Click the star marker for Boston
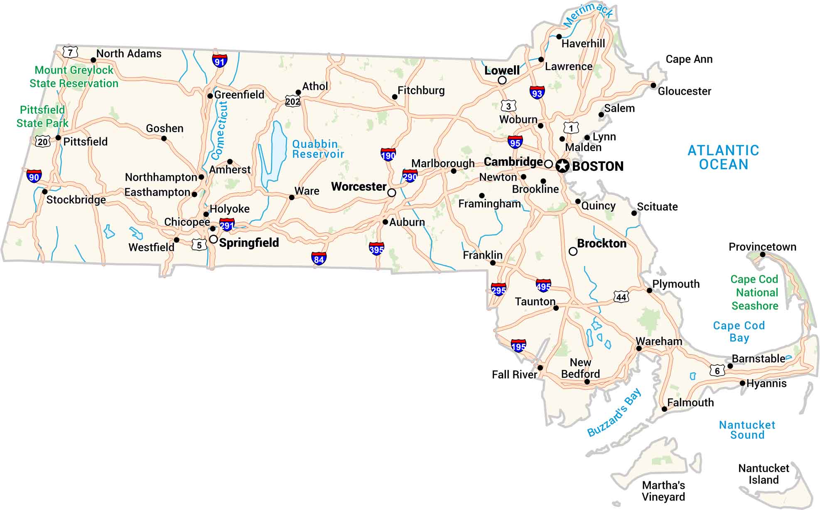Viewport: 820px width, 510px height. tap(562, 166)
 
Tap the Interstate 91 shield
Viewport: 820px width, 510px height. tap(219, 61)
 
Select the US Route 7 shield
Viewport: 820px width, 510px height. tap(70, 52)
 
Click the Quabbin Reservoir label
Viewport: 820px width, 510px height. tap(318, 149)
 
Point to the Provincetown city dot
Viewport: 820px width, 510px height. tap(763, 254)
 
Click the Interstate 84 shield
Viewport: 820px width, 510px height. tap(319, 259)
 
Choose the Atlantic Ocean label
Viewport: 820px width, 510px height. tap(723, 158)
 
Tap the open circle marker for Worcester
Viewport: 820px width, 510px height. tap(391, 193)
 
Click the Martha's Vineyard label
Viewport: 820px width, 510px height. tap(663, 491)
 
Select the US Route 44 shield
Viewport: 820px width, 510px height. tap(621, 297)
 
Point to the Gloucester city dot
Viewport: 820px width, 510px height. tap(653, 85)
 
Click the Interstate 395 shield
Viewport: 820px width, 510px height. tap(376, 249)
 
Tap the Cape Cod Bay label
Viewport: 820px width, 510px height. tap(739, 331)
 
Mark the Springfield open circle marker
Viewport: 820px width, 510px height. tap(213, 239)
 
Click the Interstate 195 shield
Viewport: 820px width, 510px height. tap(518, 346)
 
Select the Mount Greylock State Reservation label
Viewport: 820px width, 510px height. tap(74, 77)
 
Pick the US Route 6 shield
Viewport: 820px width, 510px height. tap(717, 370)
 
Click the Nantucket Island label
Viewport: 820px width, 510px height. tap(764, 474)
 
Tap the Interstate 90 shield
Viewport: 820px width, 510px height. tap(34, 176)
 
